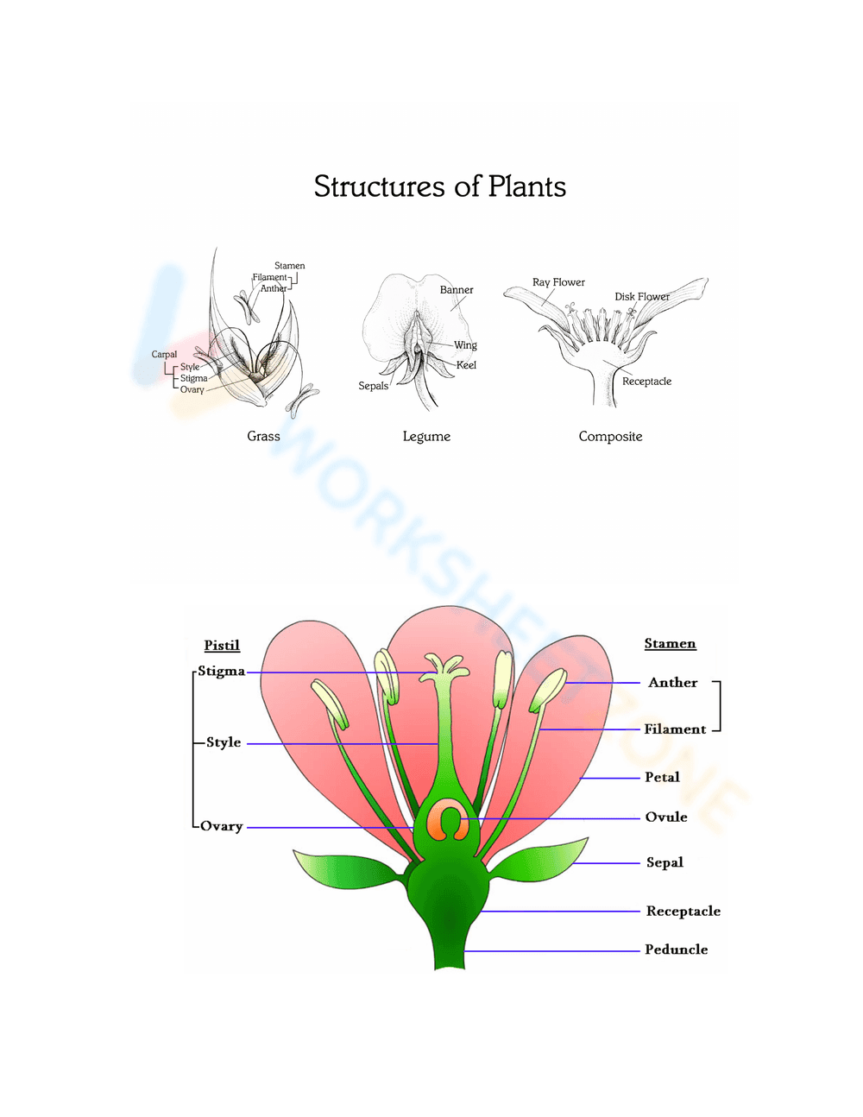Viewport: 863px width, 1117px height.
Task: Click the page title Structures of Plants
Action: (x=439, y=186)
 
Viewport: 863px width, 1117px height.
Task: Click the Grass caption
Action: (x=263, y=437)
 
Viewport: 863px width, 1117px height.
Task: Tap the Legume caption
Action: (x=426, y=437)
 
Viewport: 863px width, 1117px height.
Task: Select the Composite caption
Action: (x=610, y=437)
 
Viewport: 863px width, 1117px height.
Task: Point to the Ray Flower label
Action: (x=558, y=282)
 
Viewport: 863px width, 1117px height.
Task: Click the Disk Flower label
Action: (x=641, y=297)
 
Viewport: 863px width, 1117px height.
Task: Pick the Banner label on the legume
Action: (x=457, y=290)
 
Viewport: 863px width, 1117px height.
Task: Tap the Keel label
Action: (x=466, y=365)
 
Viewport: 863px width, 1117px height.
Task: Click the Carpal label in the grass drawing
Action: (x=164, y=355)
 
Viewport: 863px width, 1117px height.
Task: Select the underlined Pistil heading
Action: (x=222, y=646)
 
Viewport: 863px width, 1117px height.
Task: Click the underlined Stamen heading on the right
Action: (x=670, y=644)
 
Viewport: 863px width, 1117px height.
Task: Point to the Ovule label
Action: (x=666, y=817)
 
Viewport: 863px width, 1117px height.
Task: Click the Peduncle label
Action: (x=676, y=950)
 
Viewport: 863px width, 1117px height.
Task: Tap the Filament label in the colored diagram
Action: (x=675, y=729)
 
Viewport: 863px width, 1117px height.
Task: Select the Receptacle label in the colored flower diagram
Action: (x=683, y=912)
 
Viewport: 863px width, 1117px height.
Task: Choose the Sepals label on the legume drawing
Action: (x=373, y=386)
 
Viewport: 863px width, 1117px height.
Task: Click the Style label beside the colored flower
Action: (x=224, y=742)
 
